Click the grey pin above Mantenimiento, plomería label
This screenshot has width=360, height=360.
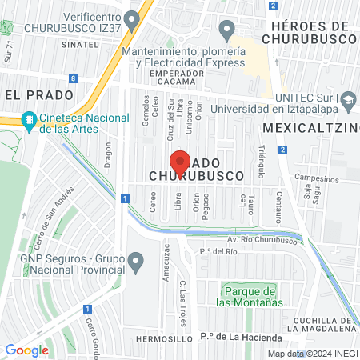pyautogui.click(x=227, y=30)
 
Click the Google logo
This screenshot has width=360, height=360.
pyautogui.click(x=26, y=350)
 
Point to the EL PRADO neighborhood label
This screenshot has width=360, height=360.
pyautogui.click(x=33, y=94)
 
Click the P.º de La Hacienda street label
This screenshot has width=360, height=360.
pyautogui.click(x=238, y=336)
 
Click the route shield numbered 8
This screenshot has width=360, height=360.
pyautogui.click(x=74, y=78)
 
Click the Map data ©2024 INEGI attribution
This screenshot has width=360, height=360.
pyautogui.click(x=311, y=354)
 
